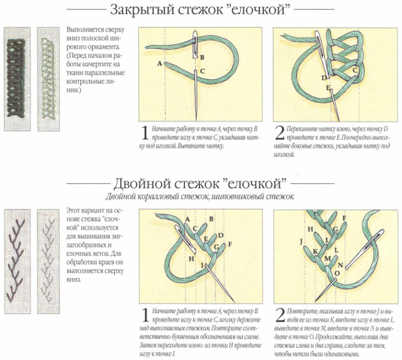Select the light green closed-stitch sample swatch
[48, 78]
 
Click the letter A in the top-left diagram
[160, 64]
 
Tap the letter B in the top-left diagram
[202, 57]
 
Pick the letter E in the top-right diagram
[327, 87]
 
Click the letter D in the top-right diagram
[324, 78]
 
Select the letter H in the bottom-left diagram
[191, 259]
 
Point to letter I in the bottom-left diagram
[203, 265]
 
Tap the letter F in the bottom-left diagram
[229, 244]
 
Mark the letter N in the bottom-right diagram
[340, 265]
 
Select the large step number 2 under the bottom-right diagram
[280, 313]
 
